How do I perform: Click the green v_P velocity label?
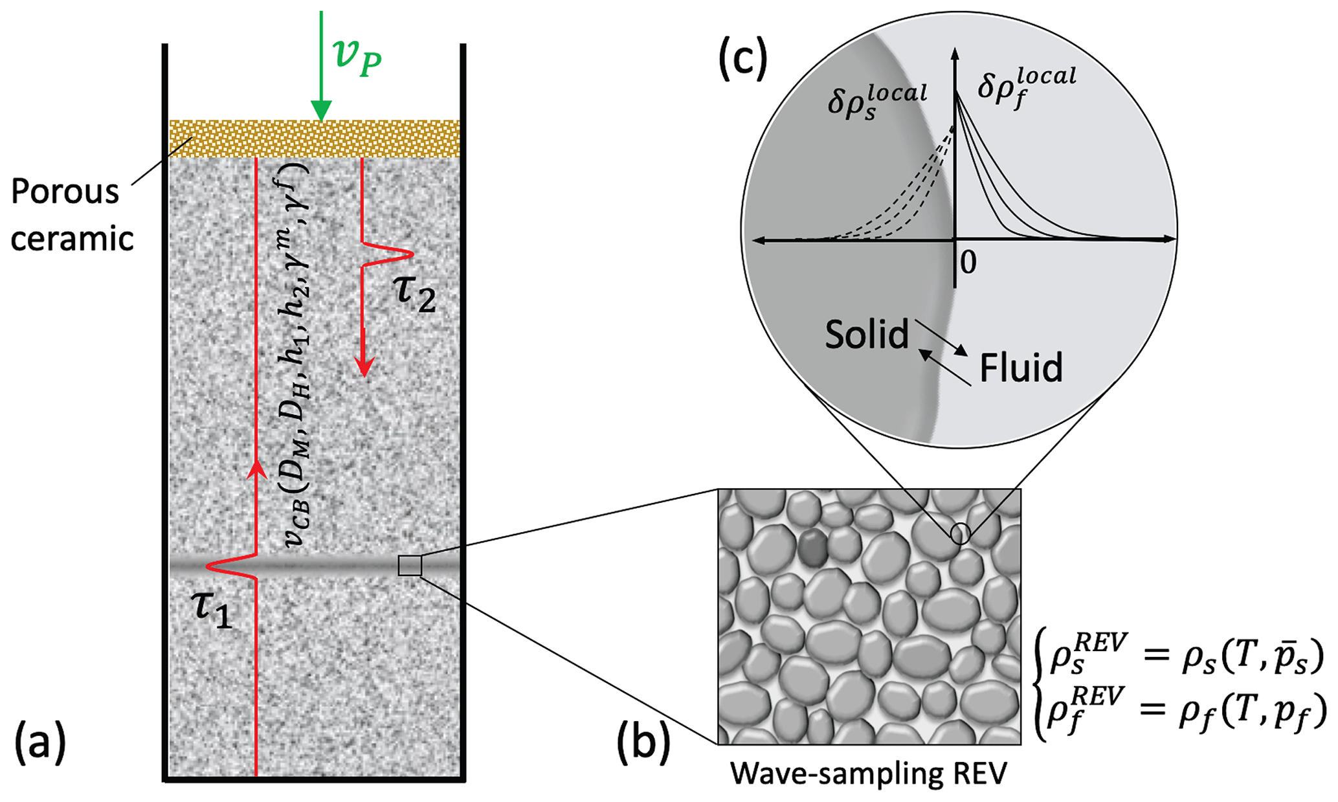click(x=357, y=57)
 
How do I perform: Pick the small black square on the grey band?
click(x=410, y=565)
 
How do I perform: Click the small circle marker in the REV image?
click(x=960, y=534)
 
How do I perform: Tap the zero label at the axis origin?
click(x=968, y=262)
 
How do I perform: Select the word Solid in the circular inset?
click(x=867, y=335)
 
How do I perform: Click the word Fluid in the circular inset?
click(x=1021, y=368)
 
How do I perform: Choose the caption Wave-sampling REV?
click(x=869, y=773)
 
